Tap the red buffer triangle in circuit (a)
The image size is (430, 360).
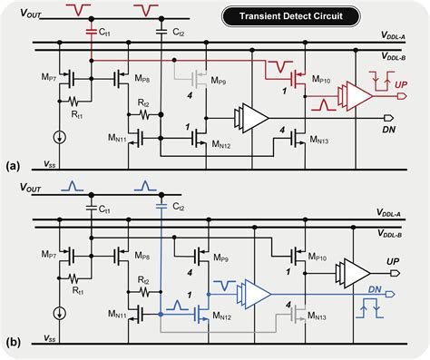[357, 92]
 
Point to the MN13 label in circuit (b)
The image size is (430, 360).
[318, 318]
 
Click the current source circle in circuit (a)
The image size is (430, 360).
[59, 138]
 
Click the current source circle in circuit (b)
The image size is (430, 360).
[59, 316]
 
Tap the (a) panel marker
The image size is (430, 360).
[12, 168]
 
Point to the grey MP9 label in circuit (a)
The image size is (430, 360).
[220, 80]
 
